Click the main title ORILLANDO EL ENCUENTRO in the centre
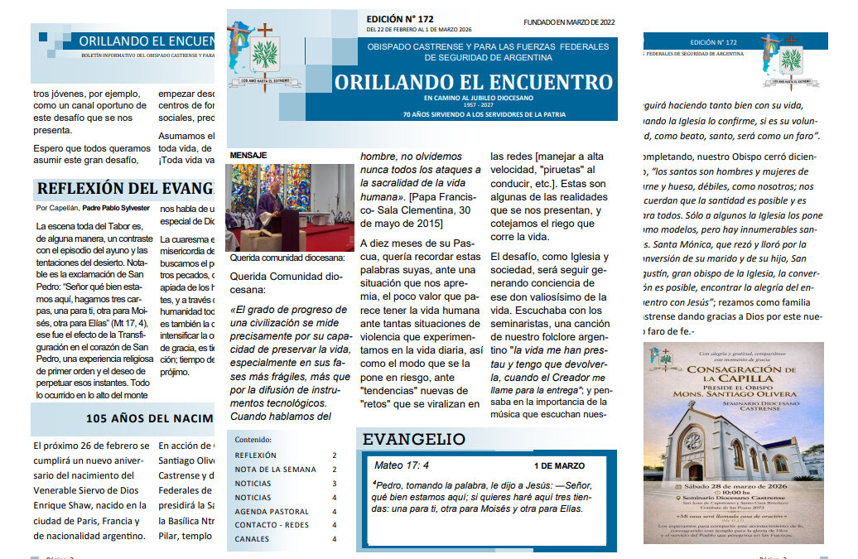click(474, 83)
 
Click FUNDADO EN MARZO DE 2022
click(569, 22)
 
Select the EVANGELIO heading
click(414, 439)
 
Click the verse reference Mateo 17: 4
click(402, 465)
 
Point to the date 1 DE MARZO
click(559, 466)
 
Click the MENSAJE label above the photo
click(248, 156)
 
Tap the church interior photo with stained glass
click(289, 206)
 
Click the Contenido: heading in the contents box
click(253, 439)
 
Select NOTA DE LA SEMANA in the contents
click(275, 470)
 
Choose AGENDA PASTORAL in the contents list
click(272, 512)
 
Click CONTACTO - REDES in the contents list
click(272, 525)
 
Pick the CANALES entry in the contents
click(252, 539)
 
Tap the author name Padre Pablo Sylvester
click(116, 208)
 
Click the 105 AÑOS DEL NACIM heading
click(149, 418)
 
